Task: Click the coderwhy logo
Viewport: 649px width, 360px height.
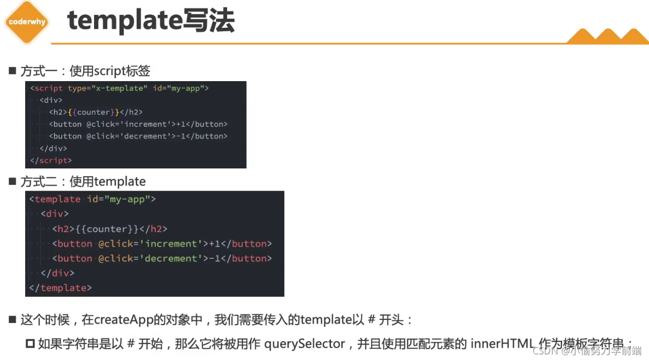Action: click(x=27, y=22)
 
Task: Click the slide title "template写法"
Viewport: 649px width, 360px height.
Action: click(x=151, y=22)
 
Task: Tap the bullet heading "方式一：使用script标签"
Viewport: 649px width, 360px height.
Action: click(x=85, y=71)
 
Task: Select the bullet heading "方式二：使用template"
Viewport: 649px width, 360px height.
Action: click(x=83, y=182)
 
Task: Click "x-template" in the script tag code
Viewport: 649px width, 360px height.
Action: click(x=120, y=88)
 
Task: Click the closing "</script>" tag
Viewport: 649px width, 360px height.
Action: click(x=51, y=160)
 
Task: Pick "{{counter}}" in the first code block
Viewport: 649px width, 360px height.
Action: click(x=94, y=112)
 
